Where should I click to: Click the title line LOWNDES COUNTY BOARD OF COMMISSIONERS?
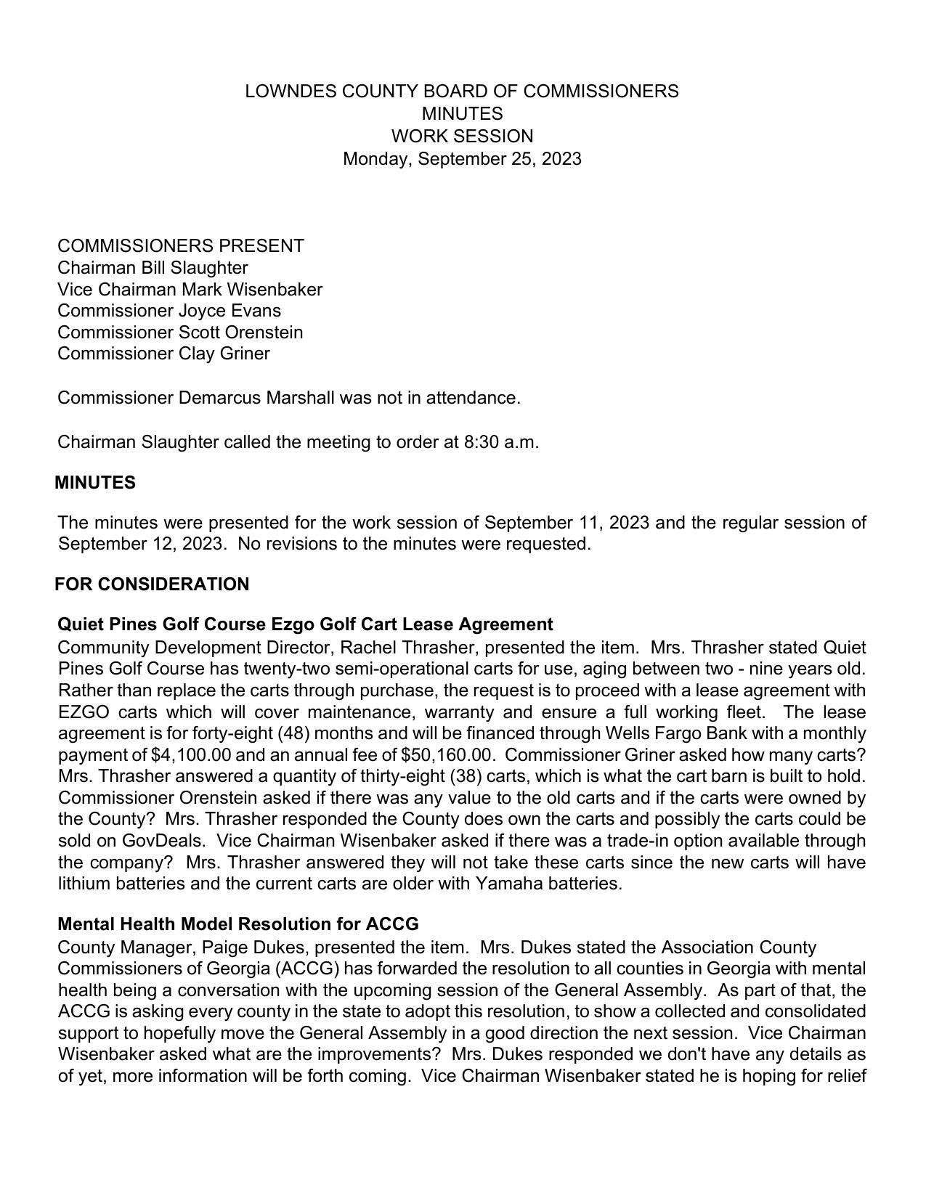pos(462,91)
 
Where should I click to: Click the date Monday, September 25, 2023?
pos(462,159)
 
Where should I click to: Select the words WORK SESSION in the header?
pos(462,136)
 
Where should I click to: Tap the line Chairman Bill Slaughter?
pos(153,268)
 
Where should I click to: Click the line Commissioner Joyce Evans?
pos(169,311)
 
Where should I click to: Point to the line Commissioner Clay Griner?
pos(163,354)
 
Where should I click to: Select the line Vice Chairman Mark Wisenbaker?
pos(190,290)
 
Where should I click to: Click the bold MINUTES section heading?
pos(95,483)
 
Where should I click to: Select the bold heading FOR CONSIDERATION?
pos(152,584)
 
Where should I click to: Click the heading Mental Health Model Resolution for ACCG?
pos(238,924)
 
